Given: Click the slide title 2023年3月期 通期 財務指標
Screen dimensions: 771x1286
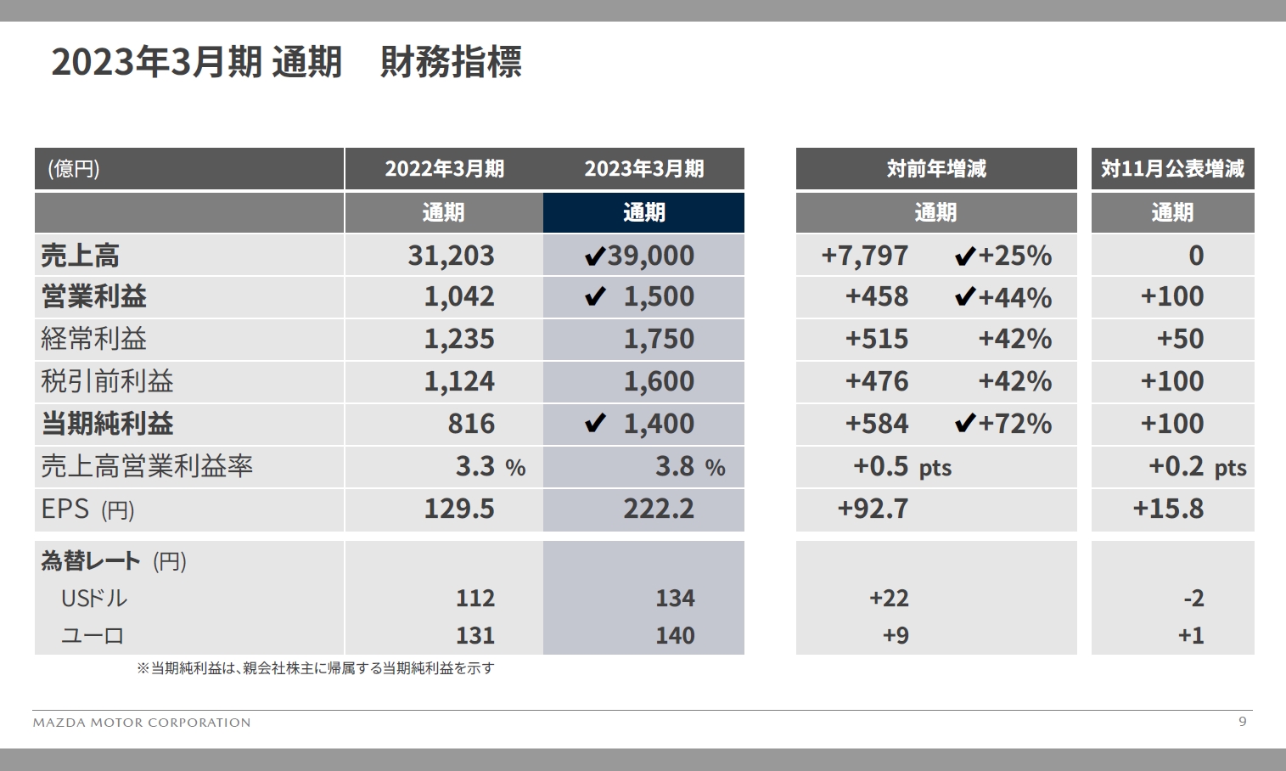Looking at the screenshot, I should tap(286, 62).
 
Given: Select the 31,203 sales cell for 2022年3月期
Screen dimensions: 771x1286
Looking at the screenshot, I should tap(451, 255).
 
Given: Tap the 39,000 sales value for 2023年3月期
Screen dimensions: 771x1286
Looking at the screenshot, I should tap(650, 255).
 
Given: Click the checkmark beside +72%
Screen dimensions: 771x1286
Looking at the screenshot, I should tap(964, 424).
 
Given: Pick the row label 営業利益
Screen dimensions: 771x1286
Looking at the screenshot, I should tap(93, 296).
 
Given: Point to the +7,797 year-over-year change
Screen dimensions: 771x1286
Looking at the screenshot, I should tap(864, 255).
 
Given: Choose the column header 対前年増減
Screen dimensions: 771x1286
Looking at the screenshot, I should tap(936, 169).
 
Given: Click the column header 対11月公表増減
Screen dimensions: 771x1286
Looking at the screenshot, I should tap(1172, 169).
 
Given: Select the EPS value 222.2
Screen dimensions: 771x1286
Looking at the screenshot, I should tap(659, 509).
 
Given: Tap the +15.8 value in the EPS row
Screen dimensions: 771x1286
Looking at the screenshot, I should tap(1168, 509).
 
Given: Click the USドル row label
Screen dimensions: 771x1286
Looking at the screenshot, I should tap(93, 599).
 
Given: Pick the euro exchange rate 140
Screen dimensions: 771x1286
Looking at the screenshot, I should tap(675, 635).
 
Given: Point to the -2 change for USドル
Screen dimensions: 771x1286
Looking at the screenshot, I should tap(1193, 599).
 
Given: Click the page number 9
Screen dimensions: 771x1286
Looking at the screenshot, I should tap(1243, 722).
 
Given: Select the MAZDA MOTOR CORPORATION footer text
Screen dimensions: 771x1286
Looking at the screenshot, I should tap(142, 723).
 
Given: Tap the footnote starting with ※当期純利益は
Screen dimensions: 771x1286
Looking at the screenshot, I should tap(315, 668).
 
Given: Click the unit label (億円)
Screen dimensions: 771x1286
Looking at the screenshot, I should tap(74, 169).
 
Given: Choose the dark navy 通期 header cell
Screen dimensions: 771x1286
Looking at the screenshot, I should tap(643, 212).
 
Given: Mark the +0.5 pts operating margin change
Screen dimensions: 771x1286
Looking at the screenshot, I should tap(901, 466).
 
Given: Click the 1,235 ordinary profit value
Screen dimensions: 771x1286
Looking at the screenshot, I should tap(458, 339).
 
